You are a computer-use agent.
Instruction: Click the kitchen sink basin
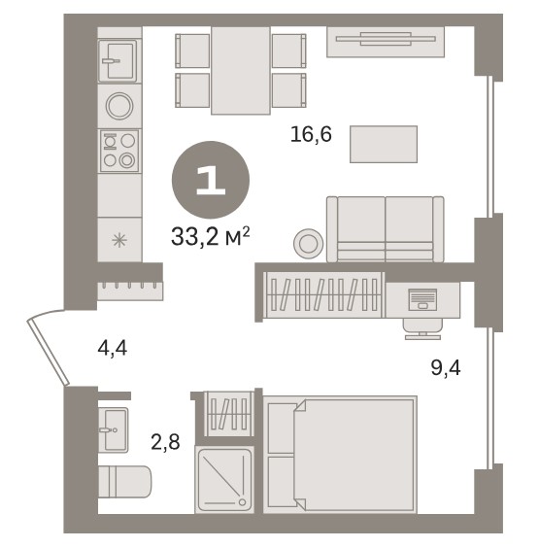118,61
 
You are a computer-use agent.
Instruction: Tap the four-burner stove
119,151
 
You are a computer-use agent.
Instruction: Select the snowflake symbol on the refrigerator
119,240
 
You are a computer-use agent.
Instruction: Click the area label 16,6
311,134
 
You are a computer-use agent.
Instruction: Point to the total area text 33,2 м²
211,236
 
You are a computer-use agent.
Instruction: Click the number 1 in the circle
211,180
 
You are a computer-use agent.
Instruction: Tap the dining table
241,70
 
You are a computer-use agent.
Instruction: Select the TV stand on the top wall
386,42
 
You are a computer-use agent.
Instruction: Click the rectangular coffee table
384,144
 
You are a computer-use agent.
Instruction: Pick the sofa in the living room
386,229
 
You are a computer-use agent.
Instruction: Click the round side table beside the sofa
308,243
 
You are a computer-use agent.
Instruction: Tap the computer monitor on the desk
422,299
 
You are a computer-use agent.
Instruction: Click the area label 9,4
446,368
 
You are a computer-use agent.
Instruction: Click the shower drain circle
242,502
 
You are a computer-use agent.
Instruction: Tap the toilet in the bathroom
124,481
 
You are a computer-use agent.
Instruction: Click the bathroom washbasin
114,429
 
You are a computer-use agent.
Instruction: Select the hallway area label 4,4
113,349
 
